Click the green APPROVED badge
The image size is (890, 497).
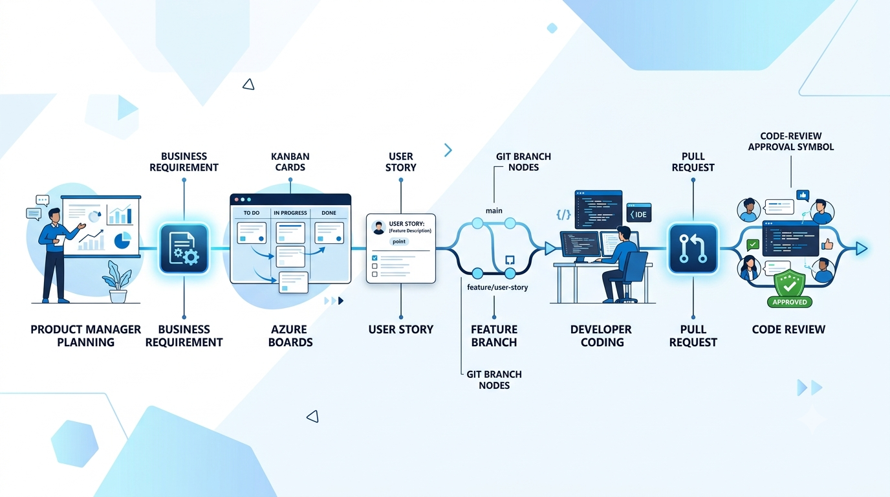click(x=790, y=302)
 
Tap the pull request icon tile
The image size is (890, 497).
click(x=693, y=248)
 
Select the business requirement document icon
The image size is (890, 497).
click(x=184, y=248)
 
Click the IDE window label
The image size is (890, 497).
click(x=639, y=214)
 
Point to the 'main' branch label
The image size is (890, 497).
click(x=494, y=211)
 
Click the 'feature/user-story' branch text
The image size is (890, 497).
click(x=497, y=287)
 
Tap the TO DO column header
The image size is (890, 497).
click(x=252, y=213)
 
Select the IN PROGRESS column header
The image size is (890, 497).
click(x=290, y=213)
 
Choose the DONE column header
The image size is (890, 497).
click(x=329, y=213)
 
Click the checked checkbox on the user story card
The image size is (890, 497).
click(x=374, y=258)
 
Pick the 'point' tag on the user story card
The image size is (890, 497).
click(x=399, y=241)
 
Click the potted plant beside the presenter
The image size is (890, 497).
click(x=118, y=282)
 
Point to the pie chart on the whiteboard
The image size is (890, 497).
click(x=123, y=239)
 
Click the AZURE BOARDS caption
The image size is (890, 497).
click(x=290, y=336)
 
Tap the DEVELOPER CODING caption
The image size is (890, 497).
click(x=602, y=336)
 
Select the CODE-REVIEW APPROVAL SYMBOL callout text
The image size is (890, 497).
click(x=790, y=141)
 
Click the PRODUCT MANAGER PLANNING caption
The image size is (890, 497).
click(x=85, y=336)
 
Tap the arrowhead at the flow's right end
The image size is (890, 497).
click(x=862, y=248)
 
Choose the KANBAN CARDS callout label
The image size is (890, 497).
click(x=290, y=162)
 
